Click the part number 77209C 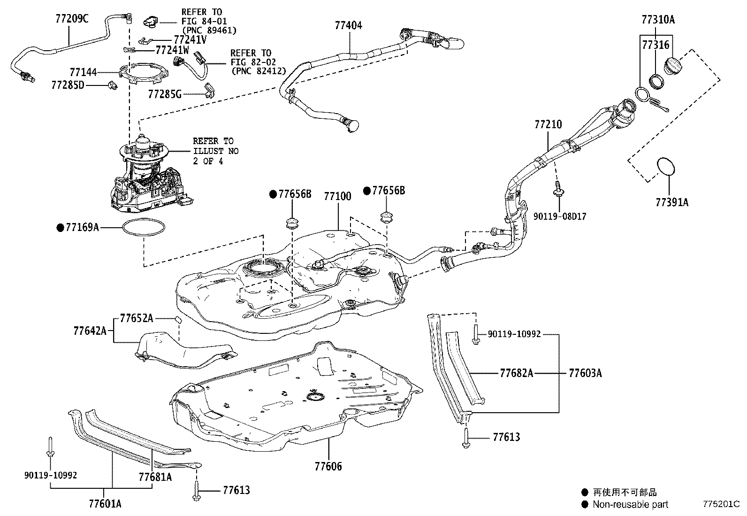[x=71, y=18]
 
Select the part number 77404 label [x=348, y=25]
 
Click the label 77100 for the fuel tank [x=337, y=196]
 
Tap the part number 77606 [x=328, y=466]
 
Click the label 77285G [x=164, y=94]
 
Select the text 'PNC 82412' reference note [x=259, y=71]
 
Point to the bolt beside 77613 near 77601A [x=196, y=491]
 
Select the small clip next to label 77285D [x=113, y=85]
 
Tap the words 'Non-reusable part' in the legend [x=630, y=504]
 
